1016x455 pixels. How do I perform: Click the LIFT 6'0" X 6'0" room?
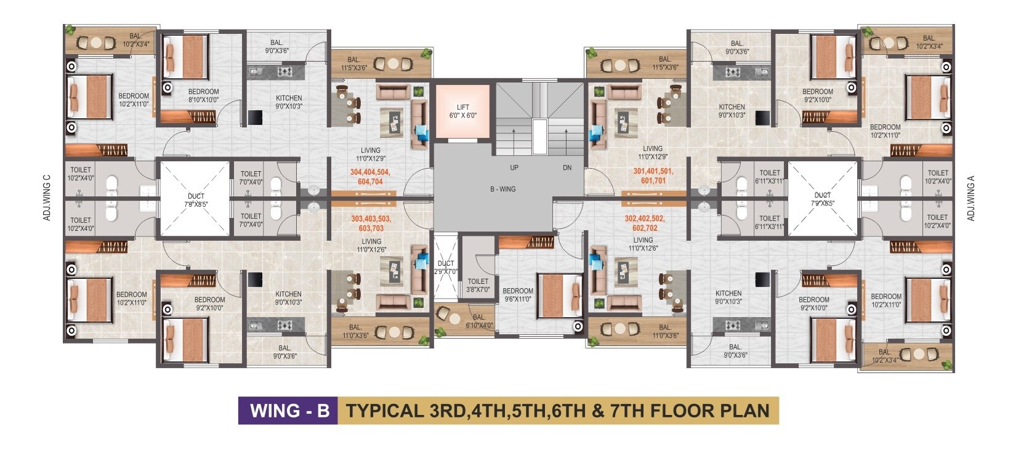462,111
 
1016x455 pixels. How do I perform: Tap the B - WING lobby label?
502,189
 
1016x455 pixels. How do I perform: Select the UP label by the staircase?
514,168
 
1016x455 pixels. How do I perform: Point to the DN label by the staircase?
567,168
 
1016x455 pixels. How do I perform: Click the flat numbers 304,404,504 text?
369,172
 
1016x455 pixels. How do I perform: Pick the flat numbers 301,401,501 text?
653,172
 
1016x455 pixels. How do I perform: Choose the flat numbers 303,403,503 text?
371,219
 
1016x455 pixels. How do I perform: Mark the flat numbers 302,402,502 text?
645,219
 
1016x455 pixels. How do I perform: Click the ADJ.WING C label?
47,198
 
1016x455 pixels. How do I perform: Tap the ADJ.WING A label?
970,198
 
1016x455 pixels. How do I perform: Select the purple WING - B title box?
288,411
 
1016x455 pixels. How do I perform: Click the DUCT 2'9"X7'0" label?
445,267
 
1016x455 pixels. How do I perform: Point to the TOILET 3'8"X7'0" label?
478,285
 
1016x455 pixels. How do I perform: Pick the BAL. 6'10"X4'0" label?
479,321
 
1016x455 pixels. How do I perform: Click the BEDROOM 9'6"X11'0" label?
517,295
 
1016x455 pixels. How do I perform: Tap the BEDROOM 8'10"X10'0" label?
203,95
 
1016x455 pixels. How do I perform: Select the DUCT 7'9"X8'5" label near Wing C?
196,200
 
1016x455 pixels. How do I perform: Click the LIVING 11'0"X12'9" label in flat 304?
371,155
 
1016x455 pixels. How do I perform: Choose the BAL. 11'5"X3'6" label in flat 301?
665,63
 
